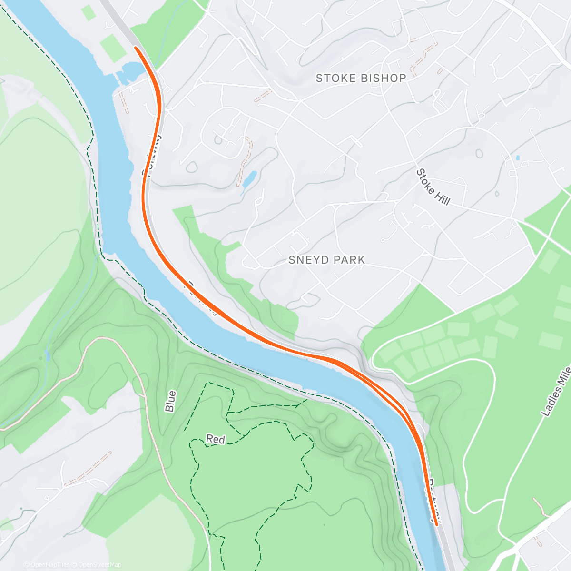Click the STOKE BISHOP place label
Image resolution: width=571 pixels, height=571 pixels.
(x=361, y=78)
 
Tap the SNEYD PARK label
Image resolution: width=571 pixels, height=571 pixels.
(x=326, y=260)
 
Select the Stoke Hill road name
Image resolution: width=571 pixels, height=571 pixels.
(x=433, y=187)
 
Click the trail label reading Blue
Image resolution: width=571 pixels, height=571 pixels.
(x=170, y=401)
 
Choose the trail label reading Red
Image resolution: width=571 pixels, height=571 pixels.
(x=215, y=439)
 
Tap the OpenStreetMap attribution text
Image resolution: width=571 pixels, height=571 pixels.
(x=100, y=565)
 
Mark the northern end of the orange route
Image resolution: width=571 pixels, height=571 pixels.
(x=136, y=48)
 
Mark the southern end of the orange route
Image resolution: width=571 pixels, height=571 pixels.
(x=436, y=524)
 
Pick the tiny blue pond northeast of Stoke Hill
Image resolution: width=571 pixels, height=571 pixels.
(x=517, y=158)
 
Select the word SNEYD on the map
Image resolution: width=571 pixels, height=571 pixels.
(x=306, y=260)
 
